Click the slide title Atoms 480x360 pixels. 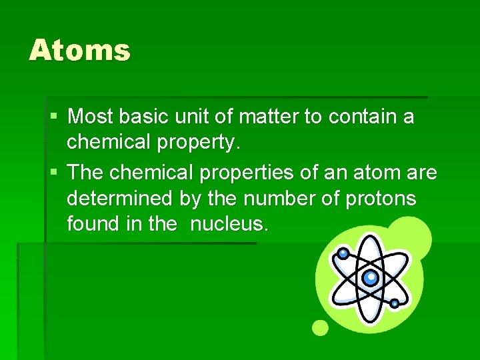[x=79, y=51]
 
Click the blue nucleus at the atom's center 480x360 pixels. [x=370, y=277]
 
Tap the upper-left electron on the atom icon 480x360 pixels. [x=343, y=253]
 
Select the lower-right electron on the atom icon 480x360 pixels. [x=395, y=303]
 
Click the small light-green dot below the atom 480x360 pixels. [x=321, y=327]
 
